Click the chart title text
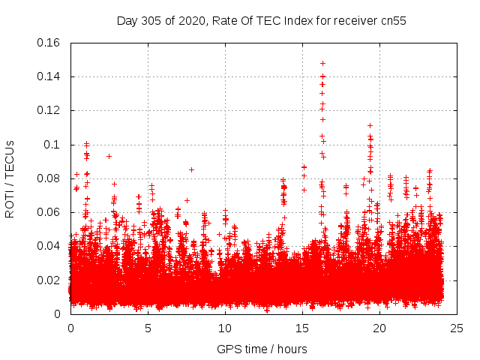tap(261, 21)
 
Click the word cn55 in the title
tap(391, 21)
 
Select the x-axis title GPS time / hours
tap(262, 349)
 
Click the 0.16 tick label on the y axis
tap(49, 43)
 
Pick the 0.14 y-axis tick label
tap(49, 76)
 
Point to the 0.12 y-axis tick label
tap(49, 110)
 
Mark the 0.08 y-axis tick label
tap(49, 178)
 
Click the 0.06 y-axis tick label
tap(49, 212)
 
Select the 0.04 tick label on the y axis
tap(49, 246)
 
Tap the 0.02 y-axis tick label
tap(49, 280)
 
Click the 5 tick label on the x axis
tap(148, 328)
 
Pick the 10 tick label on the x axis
tap(225, 328)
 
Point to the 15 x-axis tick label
tap(302, 328)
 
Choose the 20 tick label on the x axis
tap(379, 328)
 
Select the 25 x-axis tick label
tap(457, 328)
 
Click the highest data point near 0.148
tap(323, 63)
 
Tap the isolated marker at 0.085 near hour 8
tap(191, 169)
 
